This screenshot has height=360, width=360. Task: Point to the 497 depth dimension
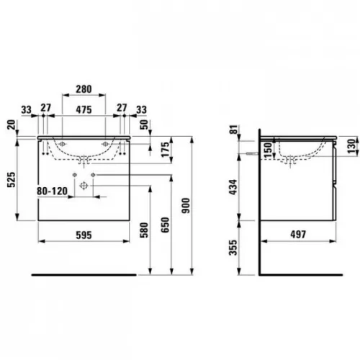pyautogui.click(x=297, y=232)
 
